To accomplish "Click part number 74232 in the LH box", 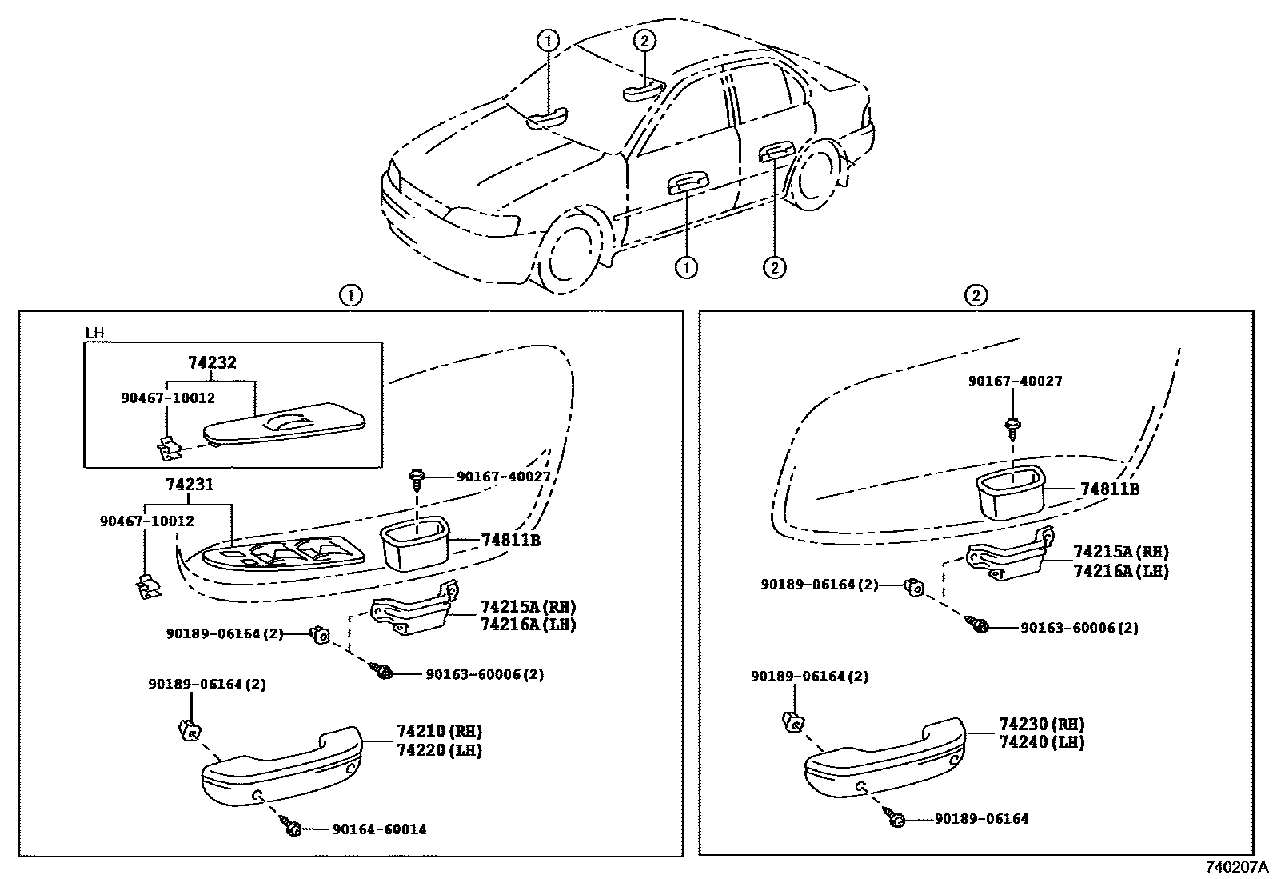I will click(x=212, y=362).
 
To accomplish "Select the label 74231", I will click(x=190, y=485).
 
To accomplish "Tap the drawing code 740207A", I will click(x=1237, y=868).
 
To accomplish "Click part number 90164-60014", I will click(x=379, y=829).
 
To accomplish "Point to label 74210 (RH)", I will click(x=439, y=731).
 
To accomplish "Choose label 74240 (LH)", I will click(x=1041, y=742).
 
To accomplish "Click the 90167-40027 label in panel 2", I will click(x=1015, y=382).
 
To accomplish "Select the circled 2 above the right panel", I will click(x=976, y=296).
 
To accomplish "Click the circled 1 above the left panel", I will click(x=350, y=296).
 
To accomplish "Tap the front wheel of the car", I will click(x=570, y=251).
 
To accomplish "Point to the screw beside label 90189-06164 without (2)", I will click(x=896, y=819).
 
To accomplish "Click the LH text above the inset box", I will click(x=94, y=332).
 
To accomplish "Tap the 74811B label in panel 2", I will click(x=1109, y=489).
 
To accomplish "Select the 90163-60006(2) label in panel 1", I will click(x=485, y=674).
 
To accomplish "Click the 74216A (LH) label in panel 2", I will click(x=1120, y=571).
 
